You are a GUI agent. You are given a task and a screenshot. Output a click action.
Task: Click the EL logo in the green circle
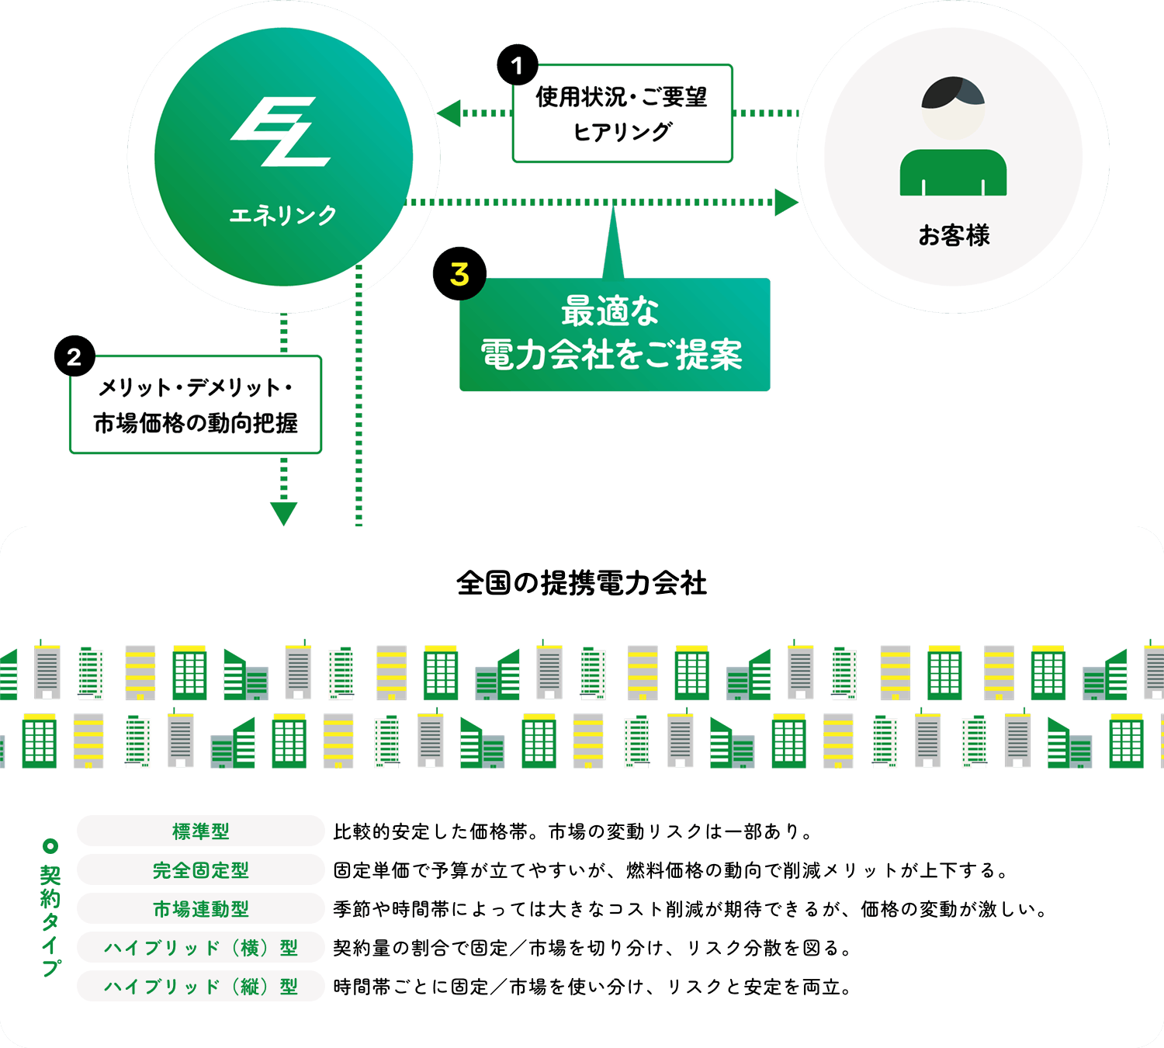[281, 132]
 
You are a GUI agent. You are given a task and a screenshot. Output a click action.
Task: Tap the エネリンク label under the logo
[283, 215]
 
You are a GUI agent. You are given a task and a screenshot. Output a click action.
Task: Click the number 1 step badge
[518, 66]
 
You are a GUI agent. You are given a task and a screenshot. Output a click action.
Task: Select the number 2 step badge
[74, 356]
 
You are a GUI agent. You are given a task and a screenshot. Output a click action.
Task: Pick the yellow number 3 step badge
[459, 274]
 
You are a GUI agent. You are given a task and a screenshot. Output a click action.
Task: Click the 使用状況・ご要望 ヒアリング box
[622, 114]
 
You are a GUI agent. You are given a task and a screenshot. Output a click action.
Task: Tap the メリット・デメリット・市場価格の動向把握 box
[196, 405]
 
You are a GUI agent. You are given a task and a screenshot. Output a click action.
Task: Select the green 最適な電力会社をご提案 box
[615, 335]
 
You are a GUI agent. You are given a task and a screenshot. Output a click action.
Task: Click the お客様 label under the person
[954, 235]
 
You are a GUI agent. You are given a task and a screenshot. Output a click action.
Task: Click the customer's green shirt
[953, 172]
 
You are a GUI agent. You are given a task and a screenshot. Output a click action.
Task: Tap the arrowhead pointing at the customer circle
[785, 203]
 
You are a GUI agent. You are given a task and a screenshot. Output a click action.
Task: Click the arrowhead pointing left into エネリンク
[448, 113]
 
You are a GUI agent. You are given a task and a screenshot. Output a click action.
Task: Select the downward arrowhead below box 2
[283, 512]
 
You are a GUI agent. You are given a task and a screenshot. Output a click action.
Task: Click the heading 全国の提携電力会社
[582, 583]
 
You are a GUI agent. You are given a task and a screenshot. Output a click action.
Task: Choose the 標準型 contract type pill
[201, 831]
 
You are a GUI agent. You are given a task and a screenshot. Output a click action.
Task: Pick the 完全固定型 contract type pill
[201, 869]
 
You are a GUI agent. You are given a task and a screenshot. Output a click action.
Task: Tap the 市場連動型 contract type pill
[201, 908]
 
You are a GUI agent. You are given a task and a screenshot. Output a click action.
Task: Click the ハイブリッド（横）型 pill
[201, 947]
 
